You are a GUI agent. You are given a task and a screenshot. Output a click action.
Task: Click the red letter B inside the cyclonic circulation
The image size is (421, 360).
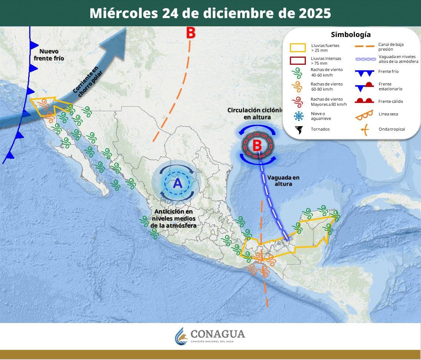tap(257, 145)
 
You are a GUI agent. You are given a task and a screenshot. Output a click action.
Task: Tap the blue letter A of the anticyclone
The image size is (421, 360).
tap(178, 183)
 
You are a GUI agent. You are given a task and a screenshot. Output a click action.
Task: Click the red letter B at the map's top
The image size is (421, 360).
tap(190, 33)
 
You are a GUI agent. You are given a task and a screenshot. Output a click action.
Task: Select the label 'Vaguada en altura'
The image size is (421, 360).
tap(283, 181)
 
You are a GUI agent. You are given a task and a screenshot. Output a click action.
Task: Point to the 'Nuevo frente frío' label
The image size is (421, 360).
tap(49, 55)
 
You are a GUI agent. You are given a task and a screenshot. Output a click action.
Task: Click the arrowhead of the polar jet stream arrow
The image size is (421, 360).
tap(122, 43)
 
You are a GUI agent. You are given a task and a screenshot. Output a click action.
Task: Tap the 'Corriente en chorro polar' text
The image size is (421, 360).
tap(86, 82)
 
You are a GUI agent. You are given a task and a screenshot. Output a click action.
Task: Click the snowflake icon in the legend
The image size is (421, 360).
tap(298, 116)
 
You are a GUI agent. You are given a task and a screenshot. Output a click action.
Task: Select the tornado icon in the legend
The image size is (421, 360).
tap(298, 129)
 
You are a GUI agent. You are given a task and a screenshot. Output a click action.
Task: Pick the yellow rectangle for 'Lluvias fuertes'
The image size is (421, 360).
tap(298, 48)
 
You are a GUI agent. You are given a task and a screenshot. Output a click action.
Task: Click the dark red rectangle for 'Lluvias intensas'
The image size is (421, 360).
tap(298, 61)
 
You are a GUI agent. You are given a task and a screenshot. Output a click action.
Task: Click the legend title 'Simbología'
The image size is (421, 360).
tap(351, 35)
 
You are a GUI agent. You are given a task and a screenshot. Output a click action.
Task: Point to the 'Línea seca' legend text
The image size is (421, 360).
tap(388, 114)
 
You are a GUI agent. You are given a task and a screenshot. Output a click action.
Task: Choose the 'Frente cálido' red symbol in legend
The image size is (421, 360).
tap(364, 101)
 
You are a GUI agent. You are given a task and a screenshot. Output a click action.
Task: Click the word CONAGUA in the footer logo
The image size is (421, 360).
tap(218, 334)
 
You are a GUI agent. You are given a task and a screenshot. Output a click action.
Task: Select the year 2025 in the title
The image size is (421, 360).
tap(312, 13)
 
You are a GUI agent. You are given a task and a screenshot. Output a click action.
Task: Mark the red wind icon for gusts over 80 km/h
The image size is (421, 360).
tap(296, 102)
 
